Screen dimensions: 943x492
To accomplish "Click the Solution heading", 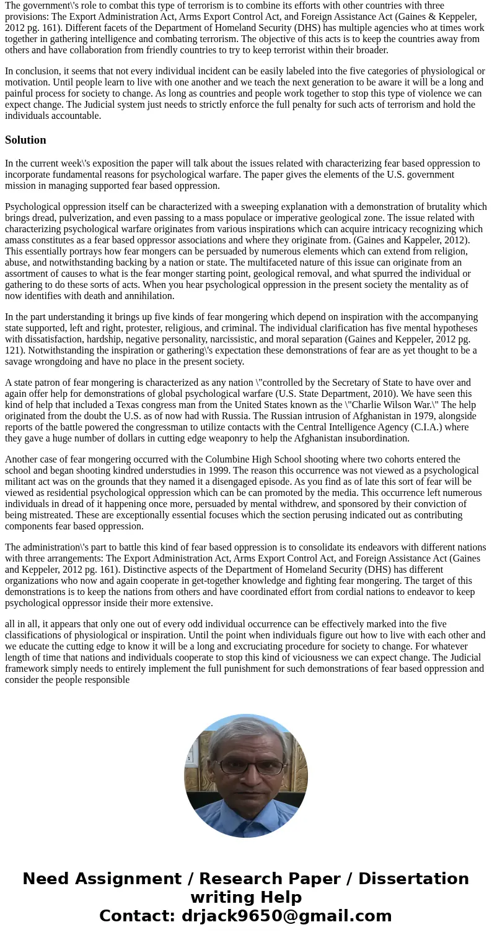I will (x=25, y=140).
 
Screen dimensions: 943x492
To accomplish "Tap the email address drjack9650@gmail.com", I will (x=286, y=916).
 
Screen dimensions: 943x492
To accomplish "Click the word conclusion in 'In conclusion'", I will (x=36, y=71).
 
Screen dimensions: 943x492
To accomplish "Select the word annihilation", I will (x=147, y=296).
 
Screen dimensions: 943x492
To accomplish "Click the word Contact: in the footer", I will (x=138, y=916).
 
